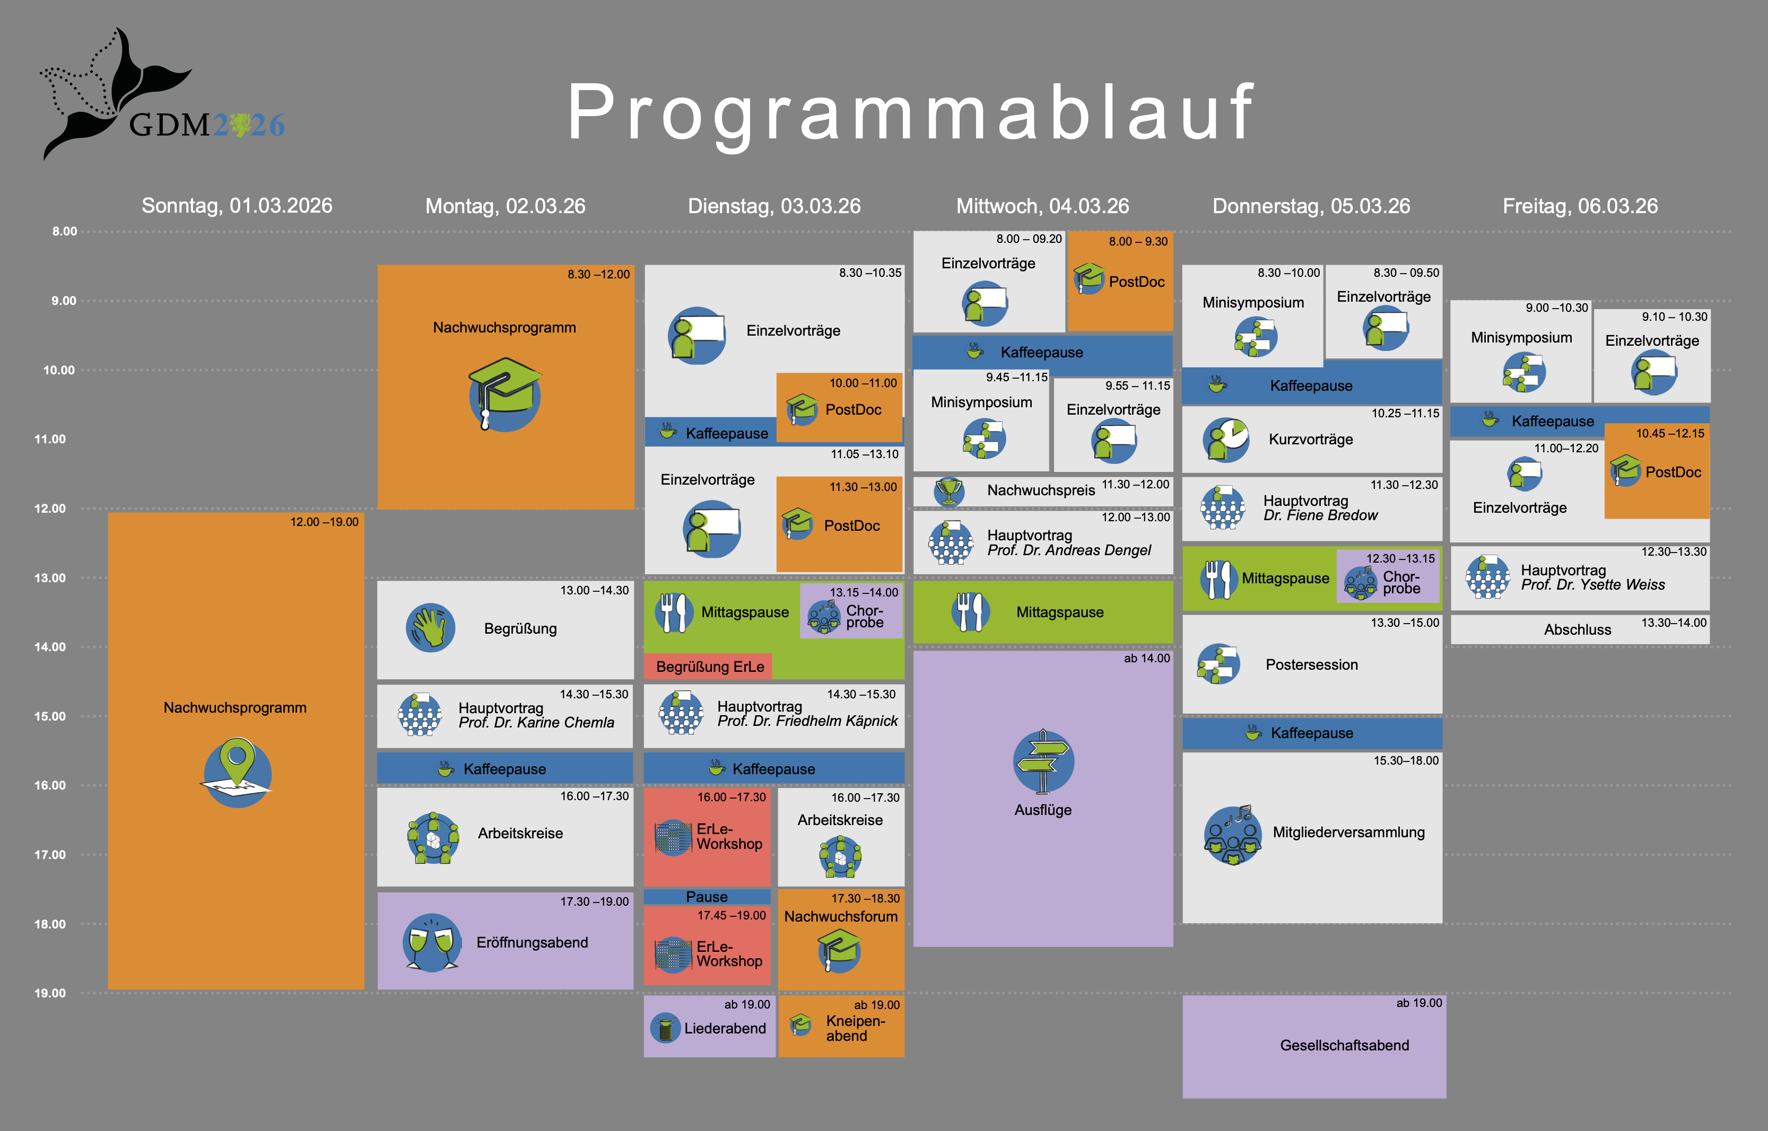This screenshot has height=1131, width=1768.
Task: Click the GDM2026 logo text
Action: pos(206,125)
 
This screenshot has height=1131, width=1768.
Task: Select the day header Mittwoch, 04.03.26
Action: pos(1042,206)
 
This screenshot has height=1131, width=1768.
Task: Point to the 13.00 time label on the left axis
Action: pos(50,578)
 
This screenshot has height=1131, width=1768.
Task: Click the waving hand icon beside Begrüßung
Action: pos(430,628)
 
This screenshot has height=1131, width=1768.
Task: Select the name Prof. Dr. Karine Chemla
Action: pos(536,723)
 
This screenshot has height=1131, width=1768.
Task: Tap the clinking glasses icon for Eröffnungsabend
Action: pos(432,942)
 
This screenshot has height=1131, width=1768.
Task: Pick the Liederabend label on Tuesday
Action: pos(725,1028)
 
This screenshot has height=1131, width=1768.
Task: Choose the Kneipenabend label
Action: pos(855,1028)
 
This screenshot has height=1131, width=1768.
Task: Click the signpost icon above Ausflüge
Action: pos(1043,761)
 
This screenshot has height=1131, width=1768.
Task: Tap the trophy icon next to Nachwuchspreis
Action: pos(949,490)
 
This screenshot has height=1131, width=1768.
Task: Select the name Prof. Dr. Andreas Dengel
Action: pos(1069,550)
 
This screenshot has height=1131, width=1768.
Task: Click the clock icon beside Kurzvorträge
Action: pos(1226,439)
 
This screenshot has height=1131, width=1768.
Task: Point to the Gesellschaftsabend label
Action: pos(1344,1045)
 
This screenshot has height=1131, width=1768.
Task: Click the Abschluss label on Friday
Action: pos(1577,630)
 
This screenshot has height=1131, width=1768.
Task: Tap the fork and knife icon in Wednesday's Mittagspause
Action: pos(970,612)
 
